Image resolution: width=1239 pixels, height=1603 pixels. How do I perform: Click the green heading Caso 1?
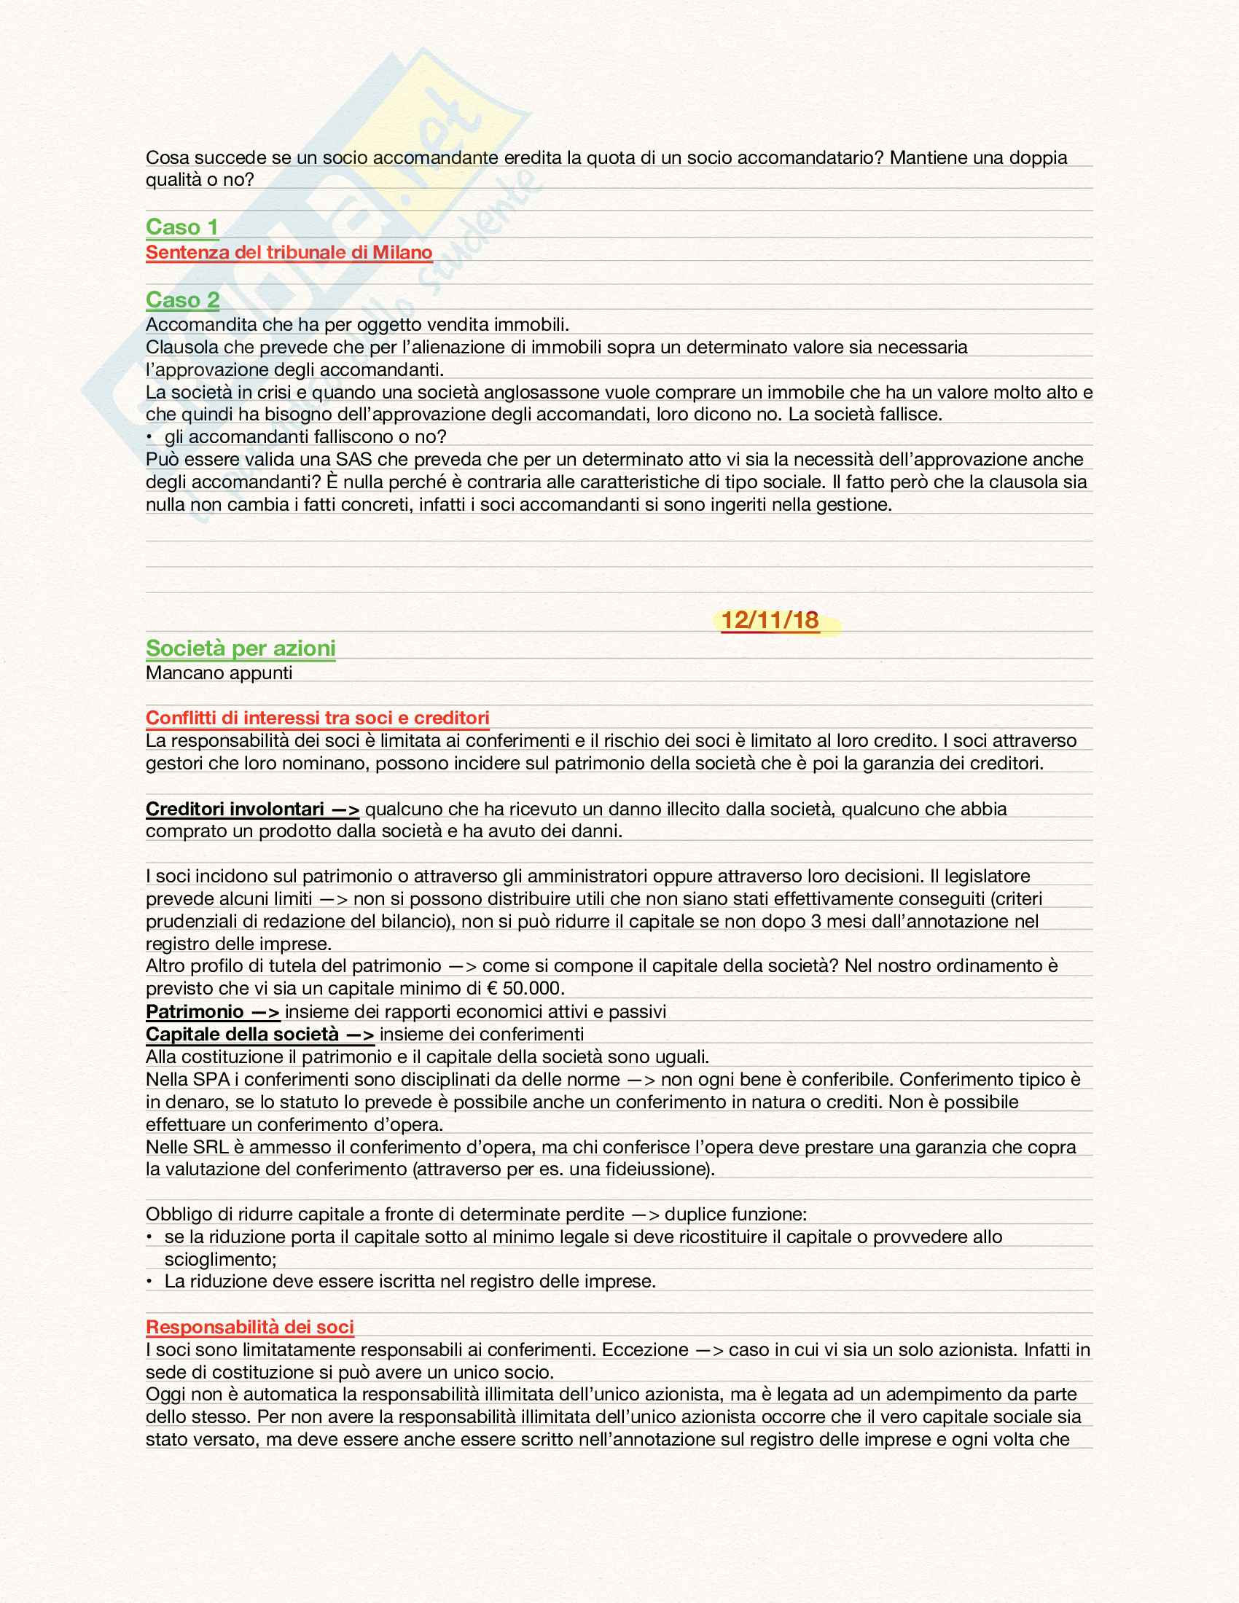(182, 227)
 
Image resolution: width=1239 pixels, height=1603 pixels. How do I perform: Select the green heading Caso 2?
(183, 299)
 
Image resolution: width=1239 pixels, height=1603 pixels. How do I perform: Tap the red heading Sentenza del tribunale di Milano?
(289, 252)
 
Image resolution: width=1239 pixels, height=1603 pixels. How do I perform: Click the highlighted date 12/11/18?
(770, 620)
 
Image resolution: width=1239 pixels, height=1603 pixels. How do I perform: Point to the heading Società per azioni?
(240, 648)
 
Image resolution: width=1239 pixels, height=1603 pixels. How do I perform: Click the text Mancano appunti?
(219, 673)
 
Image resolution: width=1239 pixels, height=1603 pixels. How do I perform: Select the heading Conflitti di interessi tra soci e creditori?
(317, 717)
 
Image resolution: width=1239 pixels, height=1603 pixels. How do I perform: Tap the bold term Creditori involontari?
(235, 809)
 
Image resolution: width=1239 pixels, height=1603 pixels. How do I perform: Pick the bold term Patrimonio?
(195, 1011)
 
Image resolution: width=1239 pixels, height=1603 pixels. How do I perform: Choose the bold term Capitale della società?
(242, 1034)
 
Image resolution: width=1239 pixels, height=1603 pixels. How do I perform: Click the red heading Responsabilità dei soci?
(249, 1326)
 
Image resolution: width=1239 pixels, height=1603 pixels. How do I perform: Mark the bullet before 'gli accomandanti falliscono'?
(149, 437)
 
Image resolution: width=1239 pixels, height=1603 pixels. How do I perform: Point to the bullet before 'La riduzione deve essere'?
(149, 1282)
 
